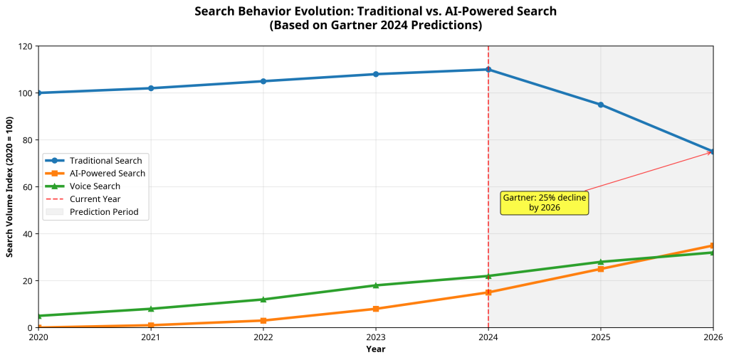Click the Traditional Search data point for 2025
tap(600, 105)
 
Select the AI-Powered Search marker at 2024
tap(488, 292)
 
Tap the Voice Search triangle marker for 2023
tap(376, 285)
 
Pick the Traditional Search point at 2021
tap(151, 88)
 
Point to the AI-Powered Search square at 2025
tap(600, 269)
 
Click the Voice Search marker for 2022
tap(263, 300)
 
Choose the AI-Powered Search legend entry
tap(107, 174)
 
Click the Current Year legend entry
tap(95, 199)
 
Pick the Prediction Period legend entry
tap(104, 212)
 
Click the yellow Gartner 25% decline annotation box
tap(545, 203)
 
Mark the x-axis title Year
tap(375, 349)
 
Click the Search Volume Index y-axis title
tap(10, 186)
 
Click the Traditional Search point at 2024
tap(488, 70)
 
